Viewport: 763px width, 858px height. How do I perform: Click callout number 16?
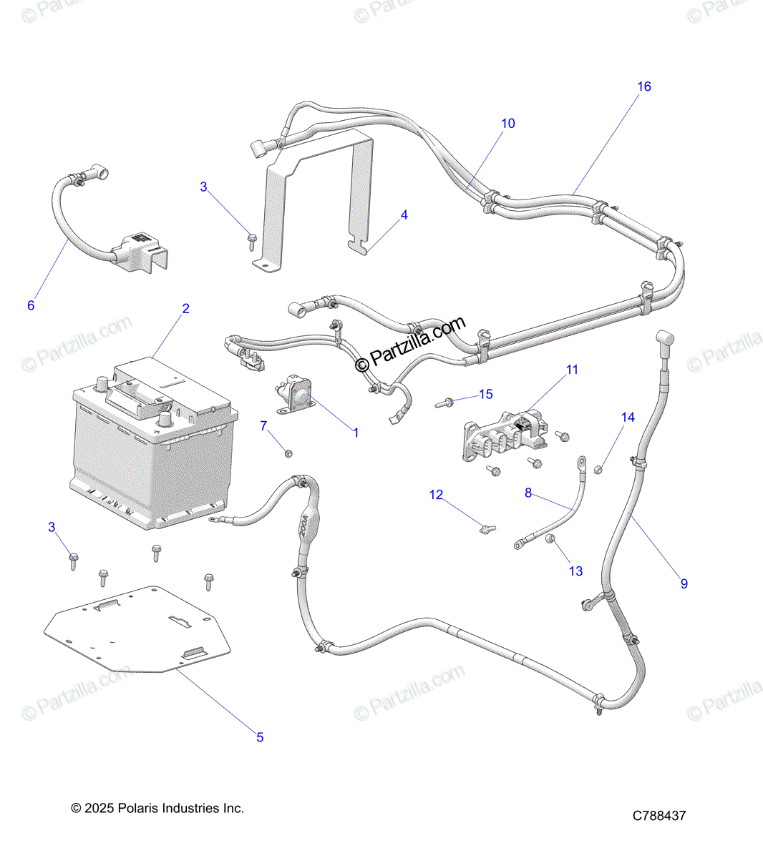pyautogui.click(x=644, y=87)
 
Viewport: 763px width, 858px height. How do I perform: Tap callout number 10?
pyautogui.click(x=507, y=123)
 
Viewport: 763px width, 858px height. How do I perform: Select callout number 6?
pyautogui.click(x=31, y=305)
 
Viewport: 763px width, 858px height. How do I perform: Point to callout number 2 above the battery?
pyautogui.click(x=185, y=308)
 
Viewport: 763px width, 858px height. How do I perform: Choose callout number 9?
pyautogui.click(x=684, y=583)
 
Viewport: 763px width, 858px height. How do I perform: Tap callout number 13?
pyautogui.click(x=575, y=571)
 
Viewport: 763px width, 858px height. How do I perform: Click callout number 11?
pyautogui.click(x=572, y=370)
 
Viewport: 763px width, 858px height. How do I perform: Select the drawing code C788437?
pyautogui.click(x=659, y=816)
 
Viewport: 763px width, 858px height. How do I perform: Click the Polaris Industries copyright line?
pyautogui.click(x=157, y=808)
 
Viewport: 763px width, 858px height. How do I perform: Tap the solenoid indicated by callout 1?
pyautogui.click(x=295, y=393)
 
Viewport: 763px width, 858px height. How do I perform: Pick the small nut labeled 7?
pyautogui.click(x=288, y=453)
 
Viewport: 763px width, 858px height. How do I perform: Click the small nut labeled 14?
pyautogui.click(x=598, y=470)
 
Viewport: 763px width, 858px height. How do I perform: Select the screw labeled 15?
pyautogui.click(x=444, y=403)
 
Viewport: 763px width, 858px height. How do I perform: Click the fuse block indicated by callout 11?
pyautogui.click(x=505, y=435)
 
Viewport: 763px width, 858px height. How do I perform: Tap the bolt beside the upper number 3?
pyautogui.click(x=252, y=242)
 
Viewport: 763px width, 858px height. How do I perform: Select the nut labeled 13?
pyautogui.click(x=550, y=538)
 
